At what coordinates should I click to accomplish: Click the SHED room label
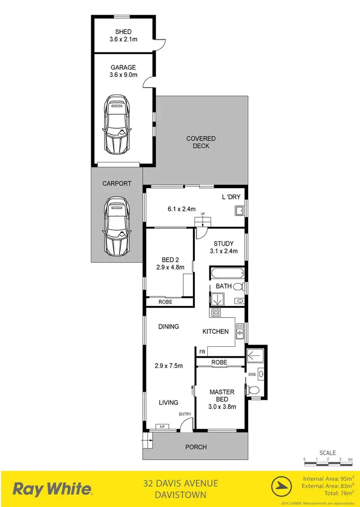tap(123, 32)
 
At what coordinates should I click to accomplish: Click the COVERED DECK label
tap(201, 142)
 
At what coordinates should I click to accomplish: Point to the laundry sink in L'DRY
tap(239, 211)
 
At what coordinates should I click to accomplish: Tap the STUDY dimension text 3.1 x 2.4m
tap(224, 251)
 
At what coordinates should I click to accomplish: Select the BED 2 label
tap(170, 259)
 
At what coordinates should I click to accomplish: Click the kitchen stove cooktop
tap(216, 313)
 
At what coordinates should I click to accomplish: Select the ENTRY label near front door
tap(185, 414)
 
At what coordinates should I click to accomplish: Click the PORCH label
tap(196, 447)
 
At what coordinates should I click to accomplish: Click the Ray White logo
tap(52, 489)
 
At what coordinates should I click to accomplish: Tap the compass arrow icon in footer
tap(282, 489)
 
